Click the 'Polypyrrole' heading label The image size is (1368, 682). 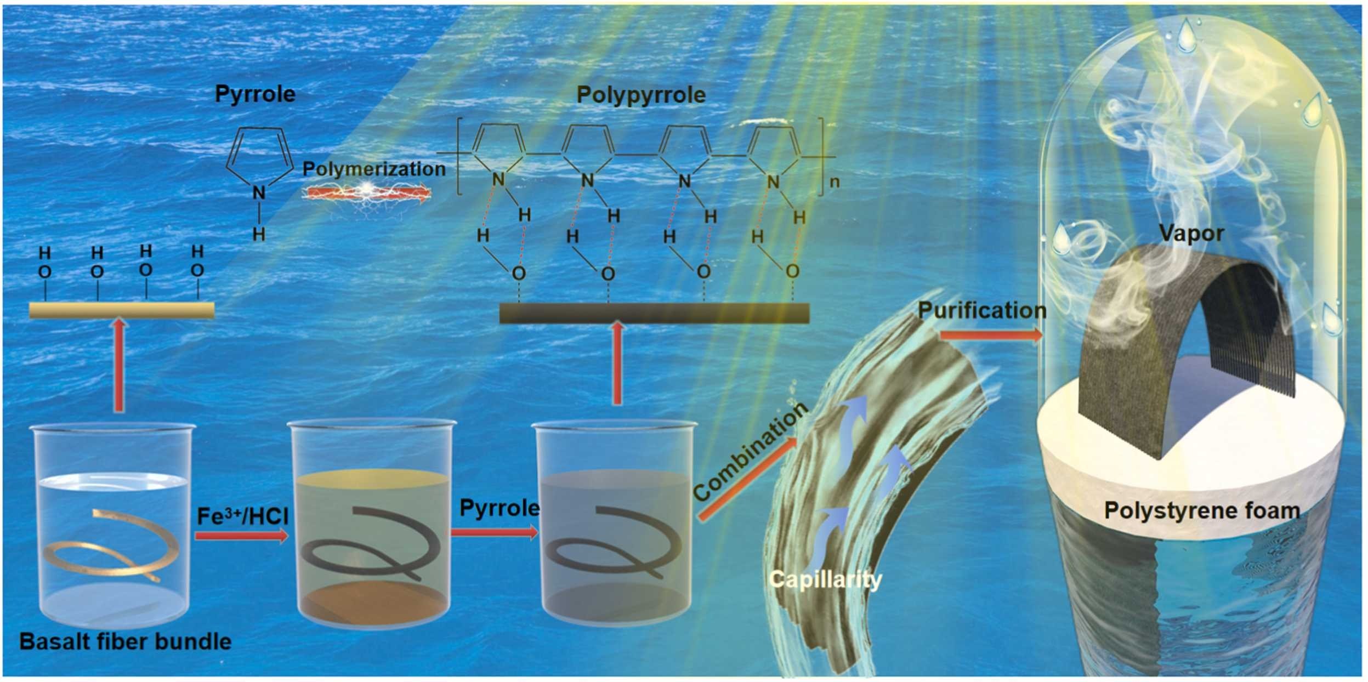click(640, 95)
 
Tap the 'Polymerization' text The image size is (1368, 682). click(374, 169)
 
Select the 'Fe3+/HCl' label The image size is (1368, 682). click(242, 516)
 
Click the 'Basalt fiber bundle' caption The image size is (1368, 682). click(125, 641)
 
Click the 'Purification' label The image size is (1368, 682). click(982, 310)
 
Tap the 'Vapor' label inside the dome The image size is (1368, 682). click(1191, 234)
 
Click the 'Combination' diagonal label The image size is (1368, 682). click(750, 451)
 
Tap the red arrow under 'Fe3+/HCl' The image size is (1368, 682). click(241, 536)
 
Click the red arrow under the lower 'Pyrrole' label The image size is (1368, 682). click(493, 531)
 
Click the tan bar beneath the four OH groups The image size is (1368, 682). click(122, 310)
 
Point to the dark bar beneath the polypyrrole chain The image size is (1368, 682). click(654, 313)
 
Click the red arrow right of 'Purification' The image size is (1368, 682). click(990, 334)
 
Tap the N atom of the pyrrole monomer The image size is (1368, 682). click(259, 192)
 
